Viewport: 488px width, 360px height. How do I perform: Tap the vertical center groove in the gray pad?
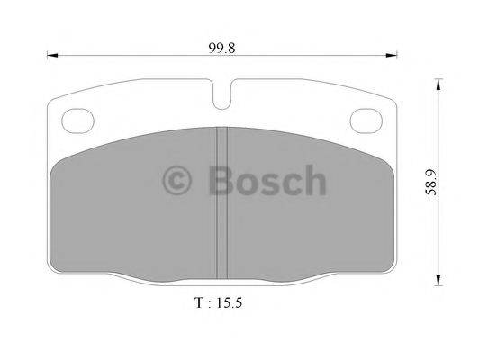221,198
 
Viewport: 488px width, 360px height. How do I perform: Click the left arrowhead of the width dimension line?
51,57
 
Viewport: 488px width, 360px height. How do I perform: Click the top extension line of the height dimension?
423,77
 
